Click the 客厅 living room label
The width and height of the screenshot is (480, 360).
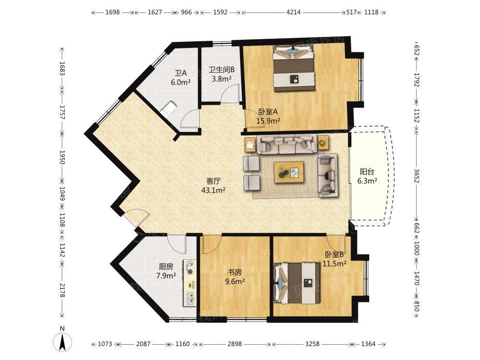pyautogui.click(x=214, y=180)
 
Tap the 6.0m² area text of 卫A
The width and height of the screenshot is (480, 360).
pyautogui.click(x=180, y=82)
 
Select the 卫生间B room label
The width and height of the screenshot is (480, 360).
pyautogui.click(x=222, y=70)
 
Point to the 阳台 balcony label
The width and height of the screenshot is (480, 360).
pyautogui.click(x=367, y=172)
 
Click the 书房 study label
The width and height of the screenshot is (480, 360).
pyautogui.click(x=235, y=272)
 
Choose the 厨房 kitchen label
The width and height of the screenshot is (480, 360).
pyautogui.click(x=166, y=266)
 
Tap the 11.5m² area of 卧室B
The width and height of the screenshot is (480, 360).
pyautogui.click(x=334, y=263)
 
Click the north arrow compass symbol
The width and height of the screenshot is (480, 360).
pyautogui.click(x=62, y=341)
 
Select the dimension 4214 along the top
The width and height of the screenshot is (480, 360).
pyautogui.click(x=293, y=12)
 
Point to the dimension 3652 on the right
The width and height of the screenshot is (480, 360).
pyautogui.click(x=416, y=176)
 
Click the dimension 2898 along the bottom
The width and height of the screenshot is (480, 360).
pyautogui.click(x=235, y=344)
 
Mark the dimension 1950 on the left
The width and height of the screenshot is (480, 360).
pyautogui.click(x=62, y=157)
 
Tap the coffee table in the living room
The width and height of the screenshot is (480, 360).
pyautogui.click(x=289, y=172)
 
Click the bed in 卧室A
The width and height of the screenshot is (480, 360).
pyautogui.click(x=294, y=68)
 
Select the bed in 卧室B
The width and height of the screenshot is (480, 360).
pyautogui.click(x=297, y=283)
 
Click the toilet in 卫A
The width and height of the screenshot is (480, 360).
pyautogui.click(x=168, y=109)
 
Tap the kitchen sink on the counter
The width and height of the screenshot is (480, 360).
pyautogui.click(x=190, y=299)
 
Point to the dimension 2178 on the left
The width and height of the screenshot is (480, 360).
pyautogui.click(x=62, y=290)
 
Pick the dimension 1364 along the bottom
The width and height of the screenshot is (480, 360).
pyautogui.click(x=368, y=344)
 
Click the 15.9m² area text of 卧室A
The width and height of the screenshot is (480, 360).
pyautogui.click(x=268, y=120)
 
